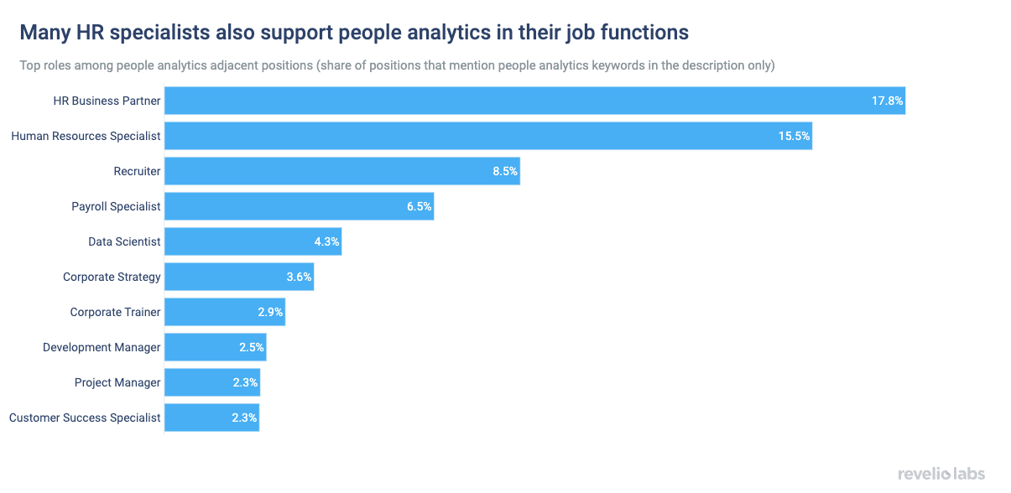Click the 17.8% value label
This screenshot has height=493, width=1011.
point(887,101)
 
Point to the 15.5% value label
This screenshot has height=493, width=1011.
point(794,136)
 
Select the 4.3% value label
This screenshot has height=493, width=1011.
point(326,241)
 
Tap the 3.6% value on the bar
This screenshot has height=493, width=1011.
point(299,277)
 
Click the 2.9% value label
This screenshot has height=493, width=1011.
point(271,312)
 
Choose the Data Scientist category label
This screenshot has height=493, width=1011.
point(124,241)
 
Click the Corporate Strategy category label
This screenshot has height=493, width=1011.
point(112,277)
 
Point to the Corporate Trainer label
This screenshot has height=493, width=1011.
point(115,312)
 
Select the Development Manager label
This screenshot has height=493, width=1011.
point(102,347)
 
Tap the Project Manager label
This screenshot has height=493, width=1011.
point(117,382)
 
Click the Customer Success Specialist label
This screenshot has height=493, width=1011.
point(85,418)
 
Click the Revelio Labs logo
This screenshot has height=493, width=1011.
point(941,474)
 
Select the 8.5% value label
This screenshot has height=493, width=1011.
point(505,171)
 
